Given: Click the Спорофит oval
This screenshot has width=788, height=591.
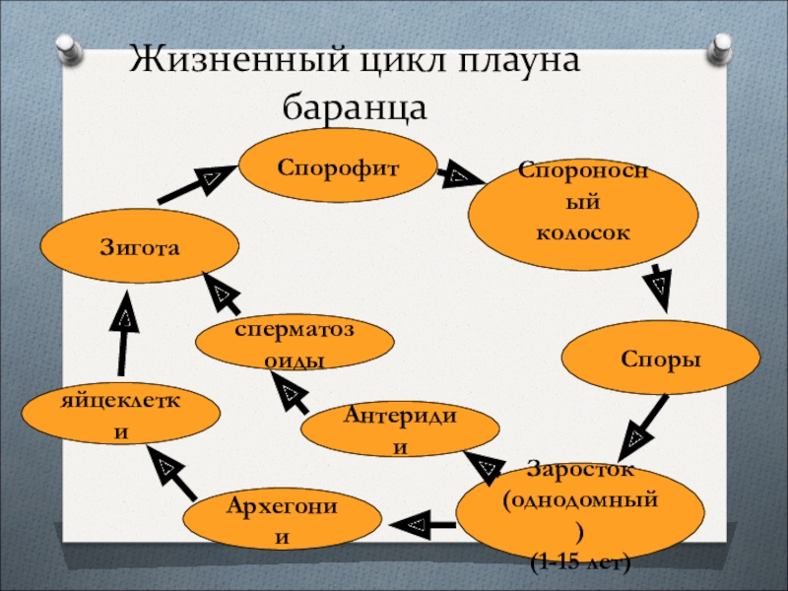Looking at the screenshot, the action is (338, 168).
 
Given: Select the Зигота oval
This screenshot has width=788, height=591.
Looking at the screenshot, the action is (139, 247).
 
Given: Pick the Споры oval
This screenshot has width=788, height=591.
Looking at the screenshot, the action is (661, 361).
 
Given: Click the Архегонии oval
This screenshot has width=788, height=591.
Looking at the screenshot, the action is (284, 522).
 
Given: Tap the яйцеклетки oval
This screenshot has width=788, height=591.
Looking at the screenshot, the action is (119, 415).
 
